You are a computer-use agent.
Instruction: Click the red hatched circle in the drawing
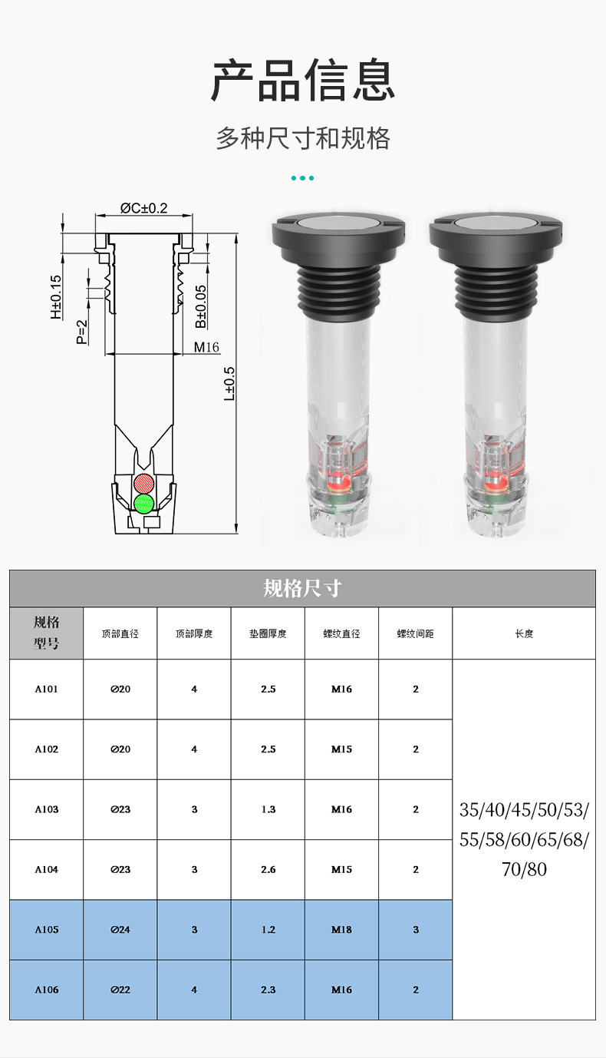point(144,483)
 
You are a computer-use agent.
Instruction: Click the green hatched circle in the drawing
point(144,504)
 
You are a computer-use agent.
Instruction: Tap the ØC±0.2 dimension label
point(144,208)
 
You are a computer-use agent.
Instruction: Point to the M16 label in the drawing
point(206,347)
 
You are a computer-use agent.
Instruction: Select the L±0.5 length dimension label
point(229,384)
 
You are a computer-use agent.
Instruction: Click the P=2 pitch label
point(82,332)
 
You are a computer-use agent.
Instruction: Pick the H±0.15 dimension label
point(56,297)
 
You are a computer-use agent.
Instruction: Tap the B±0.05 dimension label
point(201,306)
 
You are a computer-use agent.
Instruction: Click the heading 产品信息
point(302,80)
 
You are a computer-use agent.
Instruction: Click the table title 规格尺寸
point(302,589)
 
